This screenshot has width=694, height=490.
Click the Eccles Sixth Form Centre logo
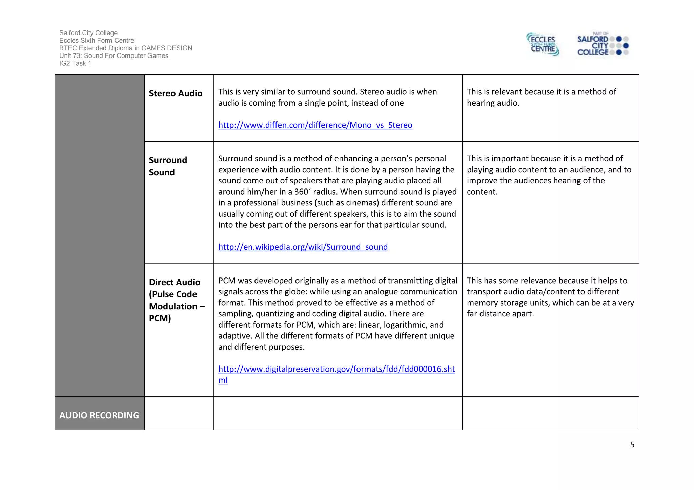(543, 44)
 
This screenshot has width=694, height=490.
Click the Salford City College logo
(603, 45)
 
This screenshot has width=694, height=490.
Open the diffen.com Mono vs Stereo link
(315, 125)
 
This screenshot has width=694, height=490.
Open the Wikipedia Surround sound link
(303, 247)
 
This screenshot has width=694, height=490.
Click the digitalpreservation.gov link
(336, 369)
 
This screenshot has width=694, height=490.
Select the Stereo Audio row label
(176, 93)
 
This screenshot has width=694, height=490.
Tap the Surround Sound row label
(168, 166)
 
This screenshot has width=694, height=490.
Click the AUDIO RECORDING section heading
(99, 415)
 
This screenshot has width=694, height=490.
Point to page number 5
(632, 445)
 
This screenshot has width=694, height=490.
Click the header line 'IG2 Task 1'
(75, 63)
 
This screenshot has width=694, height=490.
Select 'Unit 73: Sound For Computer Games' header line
(114, 56)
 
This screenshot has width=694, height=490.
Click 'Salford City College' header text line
(88, 33)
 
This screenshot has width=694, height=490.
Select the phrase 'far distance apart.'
(500, 314)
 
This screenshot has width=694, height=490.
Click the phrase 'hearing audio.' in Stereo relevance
(493, 103)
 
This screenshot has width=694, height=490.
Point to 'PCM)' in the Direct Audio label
(160, 318)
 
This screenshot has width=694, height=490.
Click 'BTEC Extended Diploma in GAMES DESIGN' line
(125, 48)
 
